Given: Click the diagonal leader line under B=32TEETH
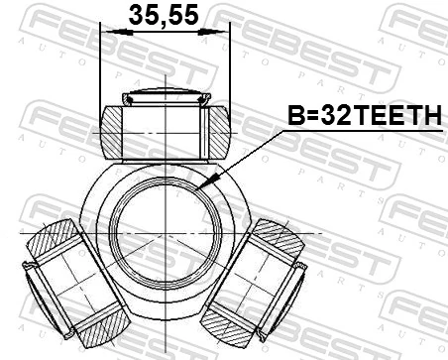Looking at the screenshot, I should point(248,154).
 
